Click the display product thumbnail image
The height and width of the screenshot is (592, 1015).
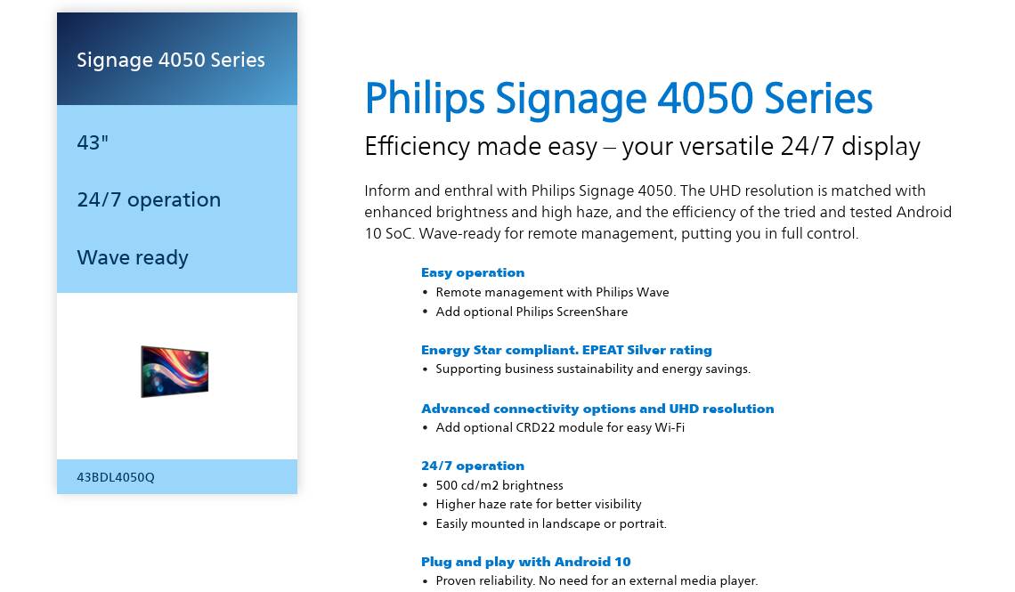coord(175,371)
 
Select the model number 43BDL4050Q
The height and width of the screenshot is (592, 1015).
coord(116,477)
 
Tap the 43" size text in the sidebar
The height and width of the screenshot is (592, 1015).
coord(93,142)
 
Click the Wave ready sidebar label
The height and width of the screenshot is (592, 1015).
coord(133,257)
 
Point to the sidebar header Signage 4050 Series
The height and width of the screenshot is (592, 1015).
coord(171,61)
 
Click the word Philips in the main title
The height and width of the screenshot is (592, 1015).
coord(425,98)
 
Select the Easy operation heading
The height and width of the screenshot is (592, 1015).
coord(473,272)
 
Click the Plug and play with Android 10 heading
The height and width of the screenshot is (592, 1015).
coord(525,562)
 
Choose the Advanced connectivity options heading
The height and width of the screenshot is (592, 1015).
coord(597,409)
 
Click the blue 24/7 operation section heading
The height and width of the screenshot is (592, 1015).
coord(473,466)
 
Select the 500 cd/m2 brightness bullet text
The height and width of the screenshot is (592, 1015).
coord(499,485)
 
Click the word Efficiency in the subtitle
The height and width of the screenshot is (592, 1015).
coord(416,147)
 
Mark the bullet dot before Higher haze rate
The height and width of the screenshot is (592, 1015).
coord(425,505)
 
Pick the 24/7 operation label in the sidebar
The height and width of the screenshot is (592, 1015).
coord(149,200)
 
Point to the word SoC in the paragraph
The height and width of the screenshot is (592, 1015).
coord(399,233)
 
